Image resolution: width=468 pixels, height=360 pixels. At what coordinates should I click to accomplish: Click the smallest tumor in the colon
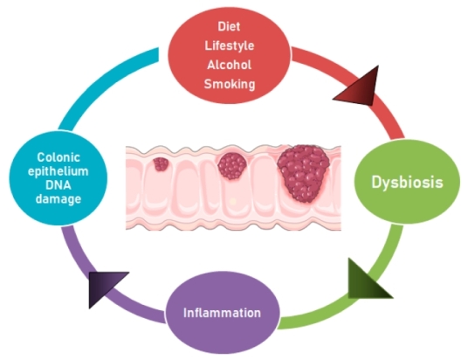162,163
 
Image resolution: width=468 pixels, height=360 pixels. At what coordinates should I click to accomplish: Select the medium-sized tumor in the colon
232,164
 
